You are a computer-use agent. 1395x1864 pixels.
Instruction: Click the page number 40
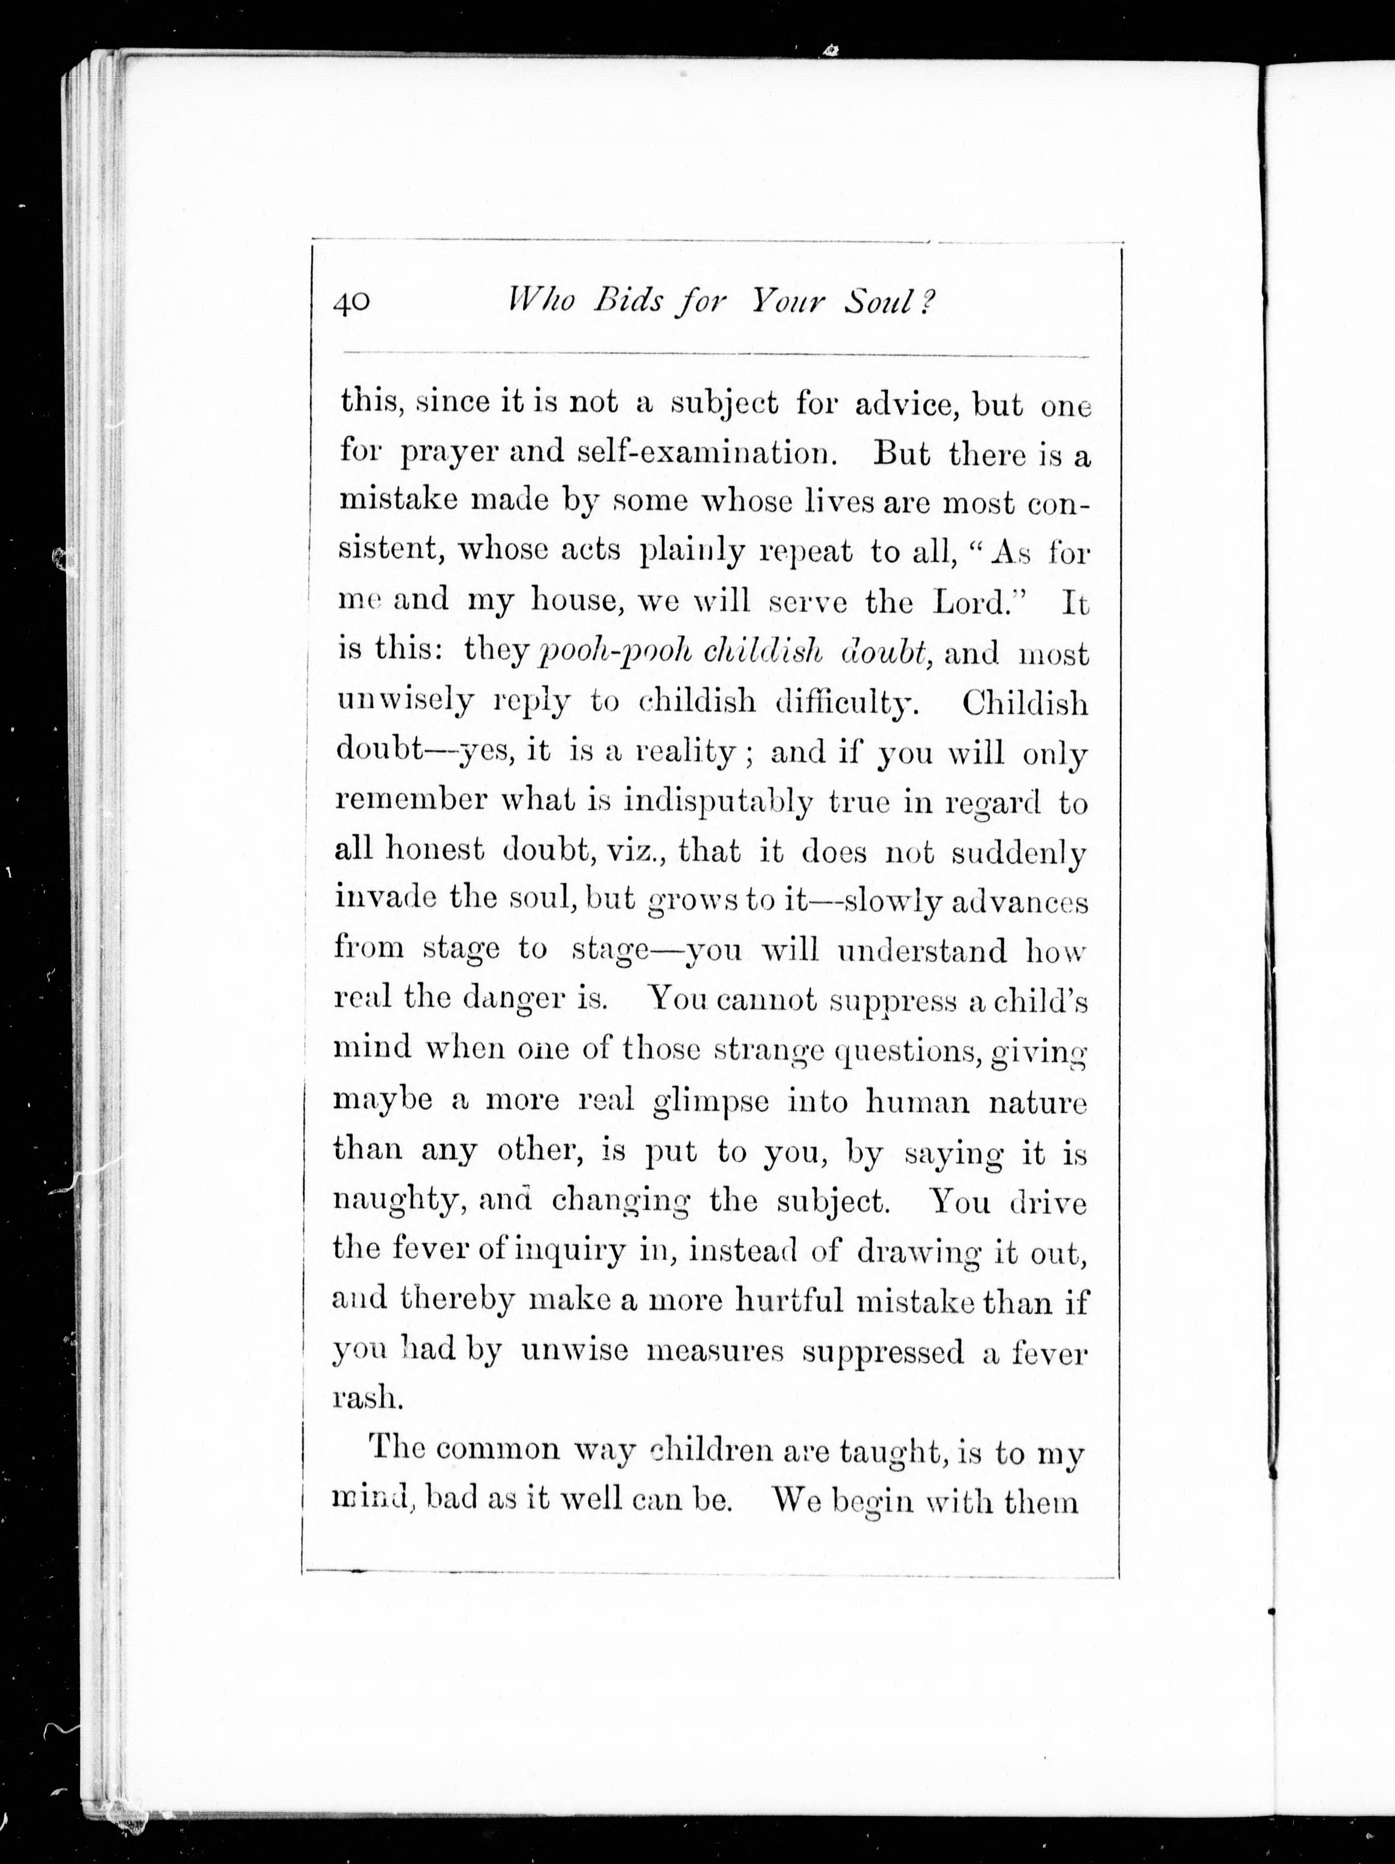[x=352, y=301]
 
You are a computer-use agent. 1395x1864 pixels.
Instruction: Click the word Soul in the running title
[x=877, y=301]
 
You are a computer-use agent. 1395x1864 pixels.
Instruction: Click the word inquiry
[x=569, y=1251]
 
